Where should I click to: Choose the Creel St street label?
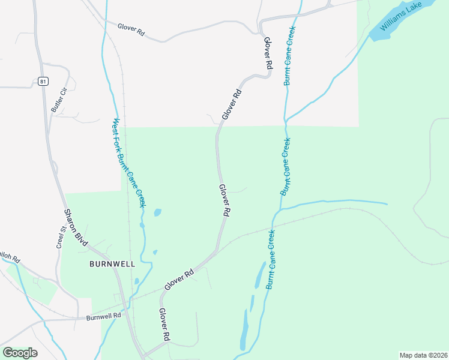tap(61, 238)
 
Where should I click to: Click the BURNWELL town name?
tap(112, 263)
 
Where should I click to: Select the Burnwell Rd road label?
tap(104, 316)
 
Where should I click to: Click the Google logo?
tap(20, 353)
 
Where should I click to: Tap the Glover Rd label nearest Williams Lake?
tap(268, 55)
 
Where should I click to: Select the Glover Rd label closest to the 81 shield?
tap(131, 28)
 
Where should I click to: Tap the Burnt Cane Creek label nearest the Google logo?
tap(271, 259)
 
